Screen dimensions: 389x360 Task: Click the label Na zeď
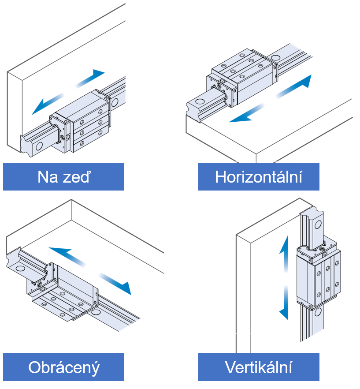(63, 177)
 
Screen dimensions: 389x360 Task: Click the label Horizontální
(259, 177)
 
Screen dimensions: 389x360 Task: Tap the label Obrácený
(63, 367)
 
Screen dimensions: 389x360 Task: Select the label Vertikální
(259, 367)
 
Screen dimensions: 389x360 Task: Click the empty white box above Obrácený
(64, 343)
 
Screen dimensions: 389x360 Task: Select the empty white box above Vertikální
(245, 343)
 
